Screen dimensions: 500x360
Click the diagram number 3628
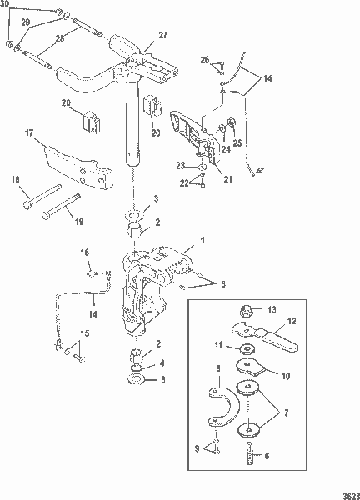pos(347,492)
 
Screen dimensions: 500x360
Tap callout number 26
pos(204,59)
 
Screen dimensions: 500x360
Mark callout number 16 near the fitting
pos(84,252)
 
